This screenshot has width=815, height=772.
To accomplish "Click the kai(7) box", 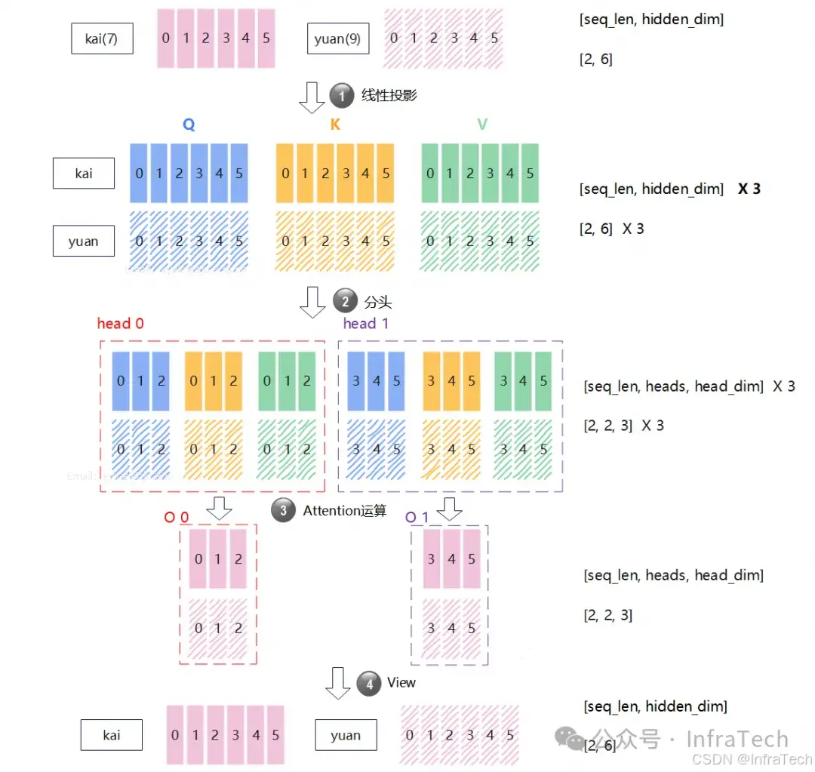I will pos(103,38).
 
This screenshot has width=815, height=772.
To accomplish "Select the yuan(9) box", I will pos(337,38).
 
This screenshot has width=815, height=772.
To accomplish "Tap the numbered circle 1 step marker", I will pos(341,96).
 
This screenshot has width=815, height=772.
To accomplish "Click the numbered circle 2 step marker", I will pos(345,302).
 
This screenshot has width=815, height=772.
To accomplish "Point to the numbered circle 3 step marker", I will pos(283,511).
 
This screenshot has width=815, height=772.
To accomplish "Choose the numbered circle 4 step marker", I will pos(368,684).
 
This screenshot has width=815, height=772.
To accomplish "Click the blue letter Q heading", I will pos(189,125).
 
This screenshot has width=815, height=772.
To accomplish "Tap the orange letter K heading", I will pos(335,125).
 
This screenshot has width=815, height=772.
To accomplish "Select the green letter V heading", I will pos(481,125).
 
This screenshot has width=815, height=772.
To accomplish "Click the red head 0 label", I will pos(120,324).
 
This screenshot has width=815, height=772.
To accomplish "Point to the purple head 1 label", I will pos(366,324).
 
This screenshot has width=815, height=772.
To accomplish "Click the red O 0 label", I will pos(177,518).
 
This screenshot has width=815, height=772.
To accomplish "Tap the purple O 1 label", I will pos(417,518).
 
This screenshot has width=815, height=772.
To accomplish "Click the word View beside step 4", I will pos(401,682).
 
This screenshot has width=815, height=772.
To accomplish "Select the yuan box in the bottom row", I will pos(346,735).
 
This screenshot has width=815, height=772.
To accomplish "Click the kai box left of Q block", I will pos(84,174).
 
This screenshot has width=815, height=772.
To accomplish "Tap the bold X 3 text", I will pos(749,189).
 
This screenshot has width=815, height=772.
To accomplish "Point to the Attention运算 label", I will pos(344,511).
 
